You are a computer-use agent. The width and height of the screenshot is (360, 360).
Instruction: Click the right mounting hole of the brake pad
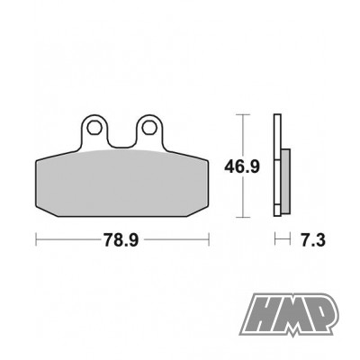click(148, 129)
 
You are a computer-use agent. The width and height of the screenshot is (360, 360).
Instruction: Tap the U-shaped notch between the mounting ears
click(121, 141)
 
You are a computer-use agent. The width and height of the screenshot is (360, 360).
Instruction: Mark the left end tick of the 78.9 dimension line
click(35, 240)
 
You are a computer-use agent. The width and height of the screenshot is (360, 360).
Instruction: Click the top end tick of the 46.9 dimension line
click(240, 115)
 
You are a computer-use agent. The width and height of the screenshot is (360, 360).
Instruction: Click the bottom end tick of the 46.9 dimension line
click(240, 217)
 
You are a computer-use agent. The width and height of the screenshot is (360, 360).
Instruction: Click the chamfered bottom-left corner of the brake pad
click(41, 211)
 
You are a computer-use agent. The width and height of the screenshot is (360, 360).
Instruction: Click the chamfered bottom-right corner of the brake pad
click(203, 211)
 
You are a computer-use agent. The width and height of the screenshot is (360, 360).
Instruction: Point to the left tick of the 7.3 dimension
click(276, 240)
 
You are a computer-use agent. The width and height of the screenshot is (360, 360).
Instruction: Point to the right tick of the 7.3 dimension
click(290, 240)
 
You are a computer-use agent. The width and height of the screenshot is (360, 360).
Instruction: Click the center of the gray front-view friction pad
click(122, 184)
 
